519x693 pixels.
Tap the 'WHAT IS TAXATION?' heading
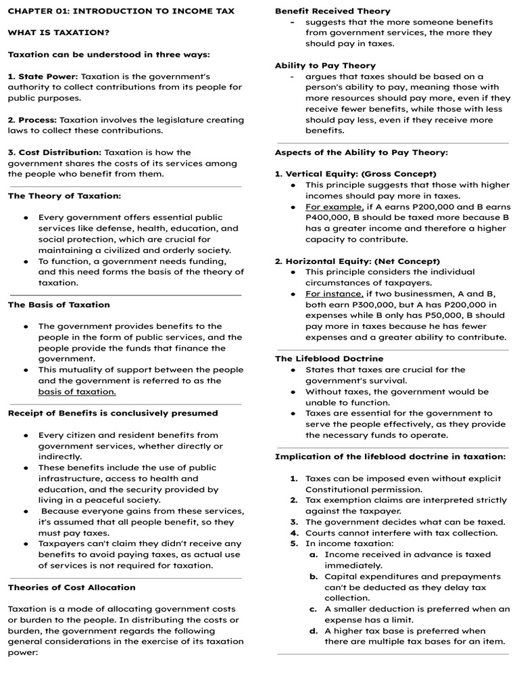(59, 32)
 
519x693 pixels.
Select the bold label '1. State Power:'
(43, 76)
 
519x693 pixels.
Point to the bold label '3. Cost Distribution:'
(55, 152)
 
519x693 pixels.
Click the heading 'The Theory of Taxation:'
(64, 196)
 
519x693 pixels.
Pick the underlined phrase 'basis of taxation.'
(77, 392)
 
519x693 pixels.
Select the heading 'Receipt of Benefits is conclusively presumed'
(113, 413)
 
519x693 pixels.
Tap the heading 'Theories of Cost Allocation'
(72, 587)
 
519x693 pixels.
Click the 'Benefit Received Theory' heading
(332, 11)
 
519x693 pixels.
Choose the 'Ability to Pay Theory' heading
(325, 66)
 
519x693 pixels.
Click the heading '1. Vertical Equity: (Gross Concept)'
(355, 174)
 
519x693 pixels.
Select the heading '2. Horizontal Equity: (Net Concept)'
(357, 261)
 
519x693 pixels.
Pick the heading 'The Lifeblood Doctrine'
(328, 359)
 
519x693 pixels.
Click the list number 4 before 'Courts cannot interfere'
(294, 533)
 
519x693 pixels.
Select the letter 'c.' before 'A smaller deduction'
(314, 609)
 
